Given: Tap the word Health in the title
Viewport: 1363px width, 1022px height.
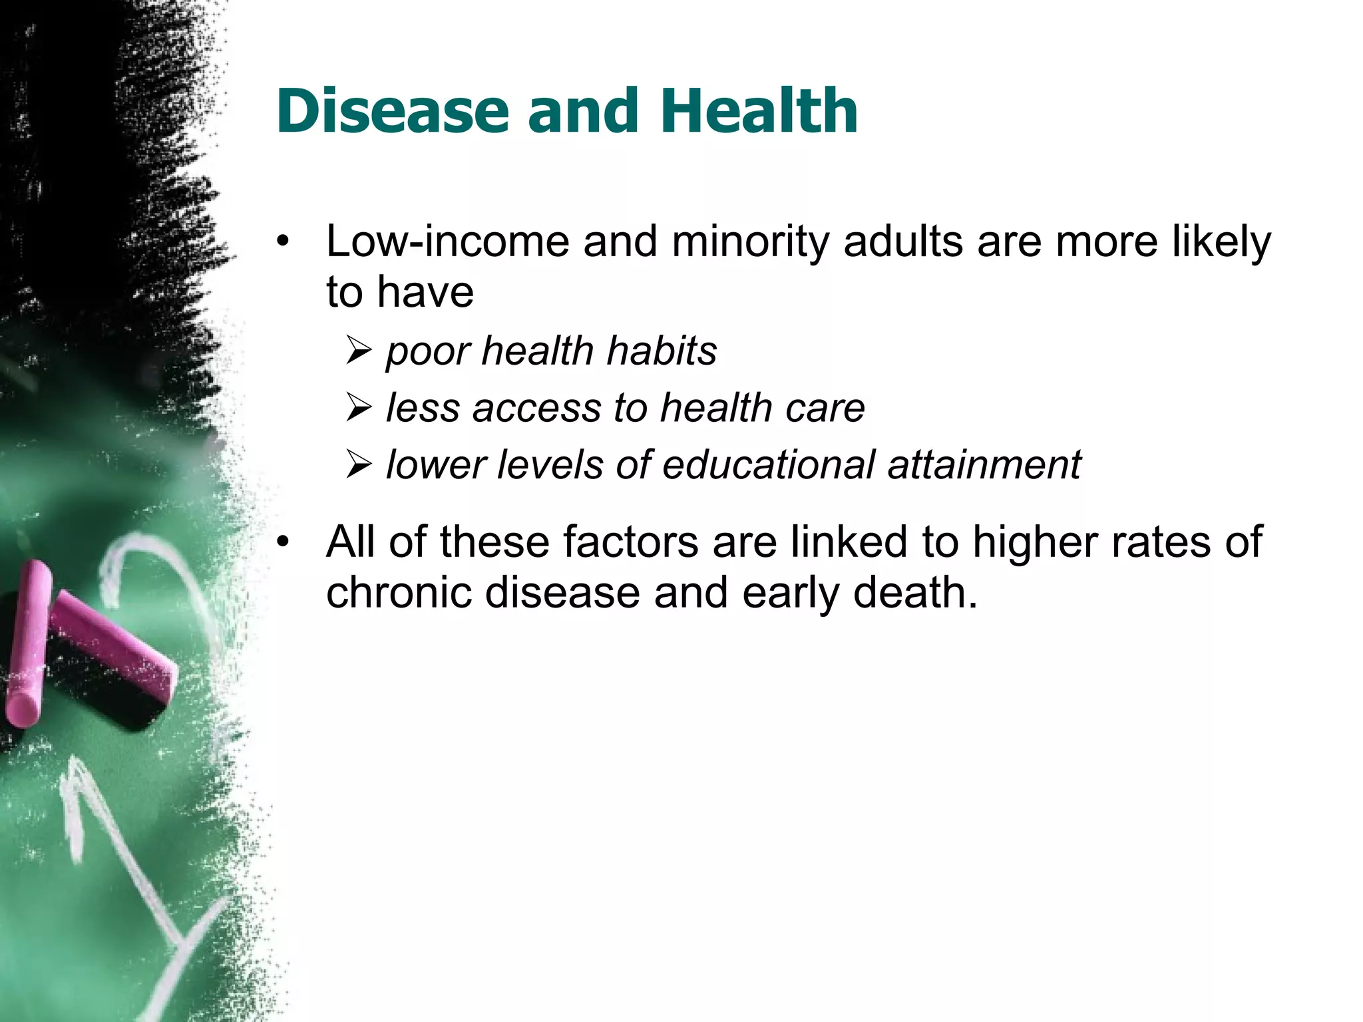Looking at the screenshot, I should tap(759, 111).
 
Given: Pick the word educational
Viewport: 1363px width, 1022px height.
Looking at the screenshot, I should tap(768, 464).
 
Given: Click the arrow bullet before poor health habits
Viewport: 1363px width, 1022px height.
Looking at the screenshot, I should tap(358, 351).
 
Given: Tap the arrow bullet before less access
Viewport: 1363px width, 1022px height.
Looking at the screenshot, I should tap(358, 408).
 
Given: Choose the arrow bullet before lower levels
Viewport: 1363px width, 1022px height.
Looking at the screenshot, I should tap(358, 465).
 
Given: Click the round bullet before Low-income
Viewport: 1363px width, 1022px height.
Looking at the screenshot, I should tap(284, 242).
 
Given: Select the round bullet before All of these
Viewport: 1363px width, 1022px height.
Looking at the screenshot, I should tap(284, 542).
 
